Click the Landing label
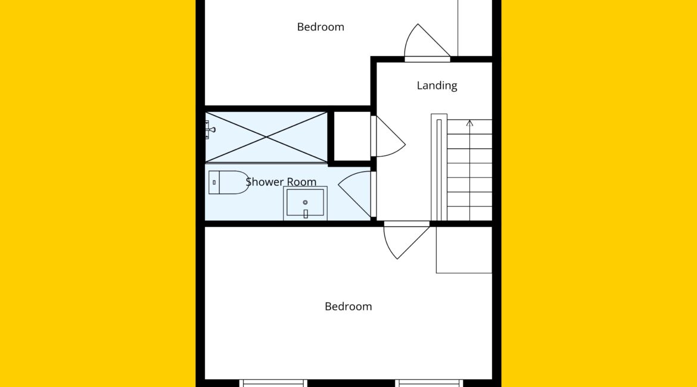437,85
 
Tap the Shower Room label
281,182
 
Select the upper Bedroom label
321,27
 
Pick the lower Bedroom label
348,306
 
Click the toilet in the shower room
229,183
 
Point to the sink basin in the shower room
306,203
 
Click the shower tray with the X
266,138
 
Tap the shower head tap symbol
210,130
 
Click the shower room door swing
355,194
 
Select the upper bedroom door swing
427,41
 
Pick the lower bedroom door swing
406,242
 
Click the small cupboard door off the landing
388,136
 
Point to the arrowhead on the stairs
469,123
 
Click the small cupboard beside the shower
351,136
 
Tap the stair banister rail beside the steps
438,167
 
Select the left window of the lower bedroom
273,383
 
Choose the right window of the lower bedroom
429,383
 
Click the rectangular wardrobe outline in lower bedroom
463,249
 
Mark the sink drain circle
306,202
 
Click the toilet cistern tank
214,183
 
